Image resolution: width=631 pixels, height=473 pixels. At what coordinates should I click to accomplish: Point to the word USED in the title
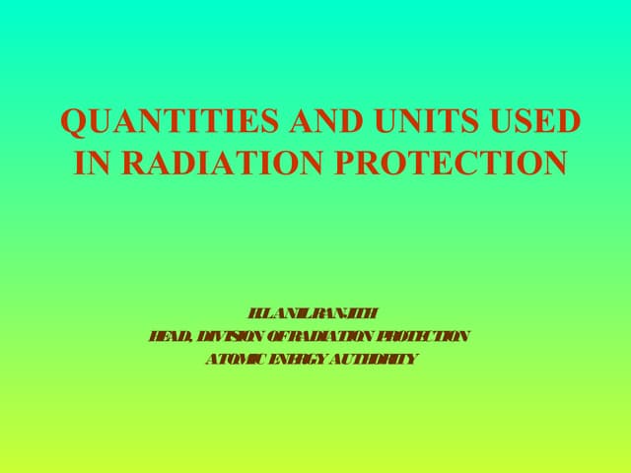click(x=533, y=122)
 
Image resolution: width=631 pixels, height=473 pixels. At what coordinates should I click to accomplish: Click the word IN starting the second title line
click(x=91, y=163)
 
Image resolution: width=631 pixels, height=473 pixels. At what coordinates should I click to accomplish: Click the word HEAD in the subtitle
click(x=168, y=337)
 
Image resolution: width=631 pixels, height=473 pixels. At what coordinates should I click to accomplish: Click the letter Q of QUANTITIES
click(x=73, y=122)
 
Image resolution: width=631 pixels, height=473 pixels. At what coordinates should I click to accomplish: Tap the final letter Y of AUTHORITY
click(x=412, y=359)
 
